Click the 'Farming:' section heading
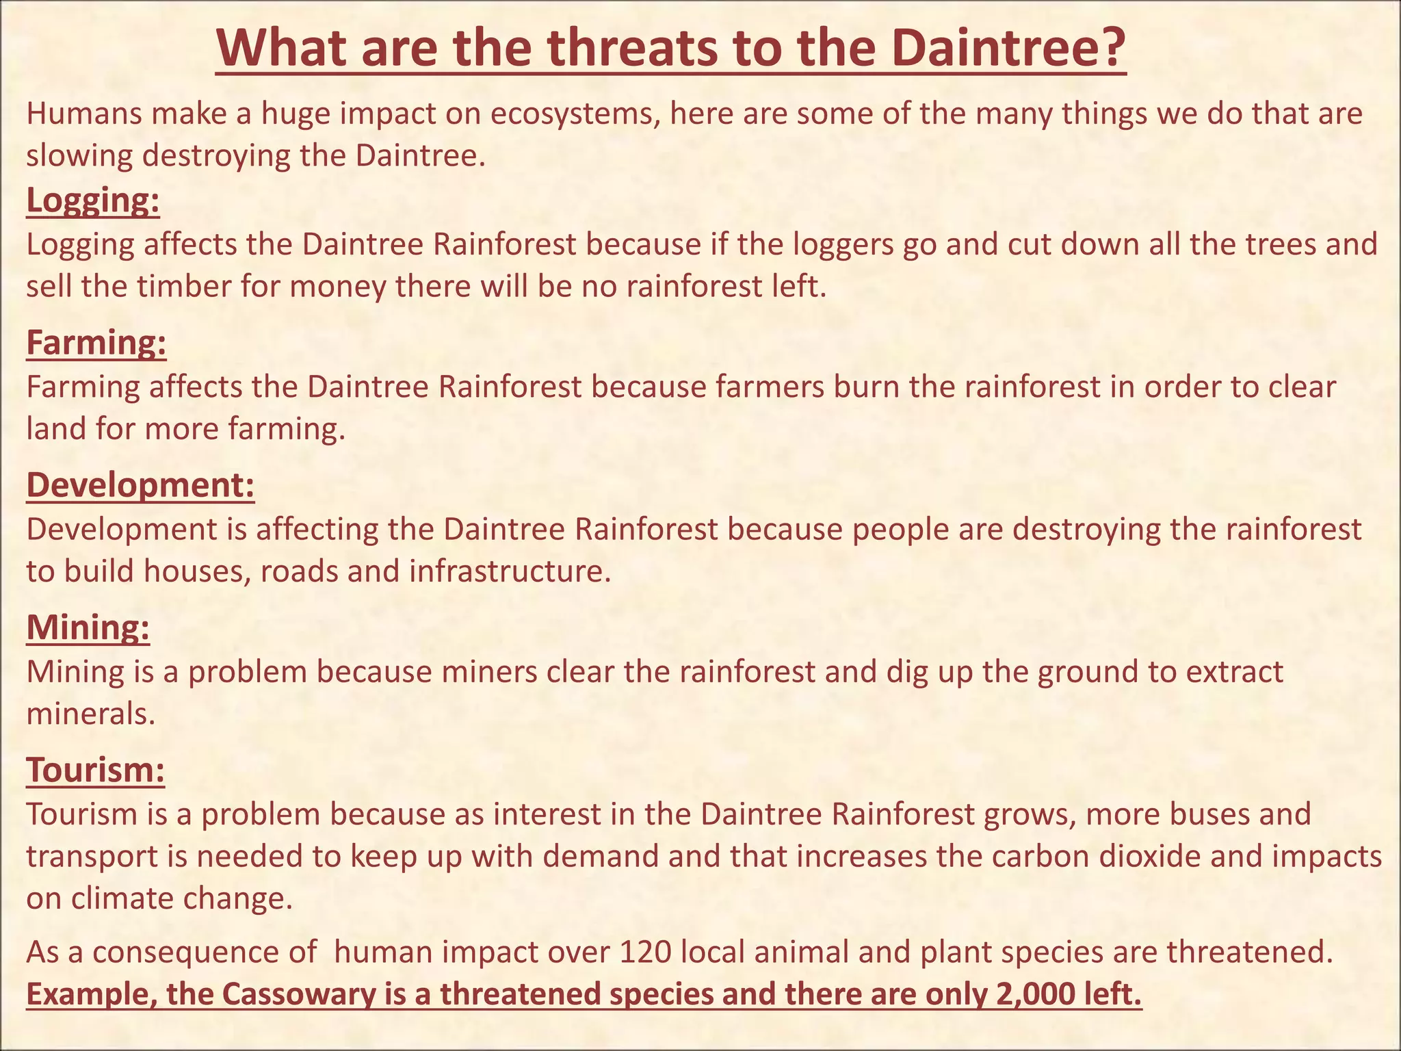click(96, 342)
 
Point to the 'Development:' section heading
click(140, 484)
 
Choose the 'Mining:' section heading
click(88, 627)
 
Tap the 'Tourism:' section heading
click(96, 769)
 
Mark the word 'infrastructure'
click(509, 571)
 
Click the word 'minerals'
click(90, 714)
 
